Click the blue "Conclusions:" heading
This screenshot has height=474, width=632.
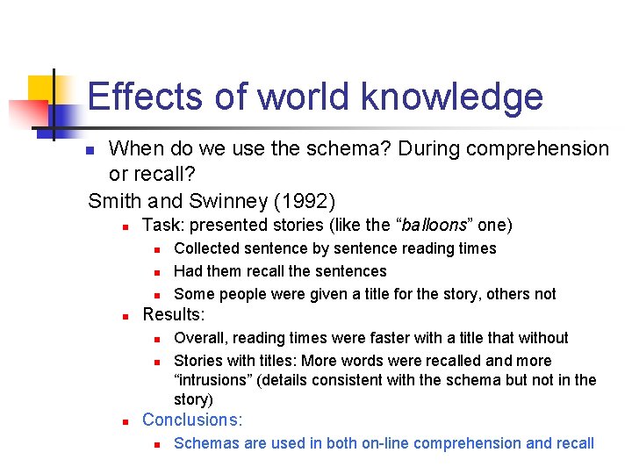[x=192, y=420]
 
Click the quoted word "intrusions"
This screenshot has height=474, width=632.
[x=212, y=380]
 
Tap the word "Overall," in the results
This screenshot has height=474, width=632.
[x=201, y=338]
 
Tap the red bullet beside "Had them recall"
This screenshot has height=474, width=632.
[x=154, y=272]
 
